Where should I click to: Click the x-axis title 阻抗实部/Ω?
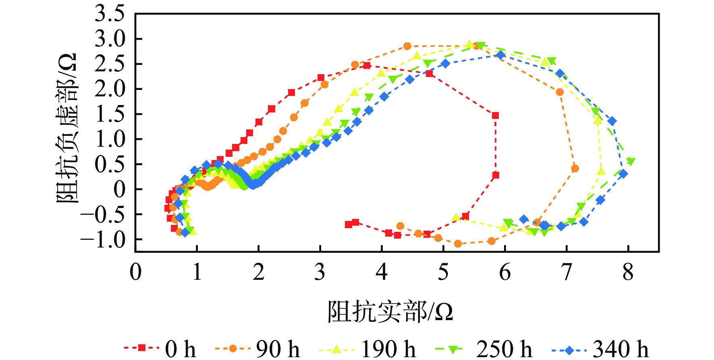(390, 312)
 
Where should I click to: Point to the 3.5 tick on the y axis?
(110, 14)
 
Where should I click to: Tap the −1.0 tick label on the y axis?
(103, 239)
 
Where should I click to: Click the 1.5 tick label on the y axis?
(110, 114)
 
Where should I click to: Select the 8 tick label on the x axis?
(628, 273)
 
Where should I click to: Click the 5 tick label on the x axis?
(443, 273)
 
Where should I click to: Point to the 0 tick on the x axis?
(135, 273)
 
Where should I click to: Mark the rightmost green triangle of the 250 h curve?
(631, 162)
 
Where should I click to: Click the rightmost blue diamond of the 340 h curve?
(623, 174)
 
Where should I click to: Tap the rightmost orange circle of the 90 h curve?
(575, 169)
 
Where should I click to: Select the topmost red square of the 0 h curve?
(367, 65)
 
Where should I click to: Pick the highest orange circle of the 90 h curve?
(407, 46)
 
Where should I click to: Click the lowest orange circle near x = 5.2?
(458, 243)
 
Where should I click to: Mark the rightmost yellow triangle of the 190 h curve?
(601, 171)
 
